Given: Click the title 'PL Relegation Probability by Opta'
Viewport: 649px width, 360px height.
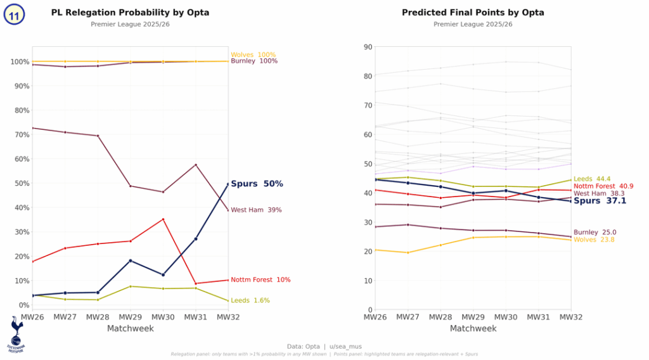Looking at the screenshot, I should tap(130, 13).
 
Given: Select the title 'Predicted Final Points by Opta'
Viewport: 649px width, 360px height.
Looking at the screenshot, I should tap(473, 13).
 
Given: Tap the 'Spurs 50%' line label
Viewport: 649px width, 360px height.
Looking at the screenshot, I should tap(257, 184).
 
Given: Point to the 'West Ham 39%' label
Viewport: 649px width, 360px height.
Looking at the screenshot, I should tap(256, 210).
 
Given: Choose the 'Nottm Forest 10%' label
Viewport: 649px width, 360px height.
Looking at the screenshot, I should tap(260, 280).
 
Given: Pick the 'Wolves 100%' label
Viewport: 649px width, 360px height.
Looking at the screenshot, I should tap(253, 55).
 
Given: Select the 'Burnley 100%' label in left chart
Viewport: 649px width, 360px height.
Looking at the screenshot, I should tap(254, 61).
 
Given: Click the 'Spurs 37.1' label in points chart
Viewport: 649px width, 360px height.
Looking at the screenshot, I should tap(600, 201).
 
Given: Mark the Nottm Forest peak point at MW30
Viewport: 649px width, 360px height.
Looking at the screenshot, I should tap(163, 219).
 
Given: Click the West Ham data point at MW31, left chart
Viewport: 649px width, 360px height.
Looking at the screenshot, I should tap(195, 165).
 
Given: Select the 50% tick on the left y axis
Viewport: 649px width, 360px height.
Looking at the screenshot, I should tap(20, 184).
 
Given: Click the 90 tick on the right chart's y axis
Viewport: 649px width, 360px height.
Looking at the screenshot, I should tap(368, 47).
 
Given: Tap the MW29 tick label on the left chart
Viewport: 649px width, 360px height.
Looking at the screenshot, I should tap(131, 316).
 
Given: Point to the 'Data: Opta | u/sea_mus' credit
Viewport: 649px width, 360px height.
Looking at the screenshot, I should tap(324, 347).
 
